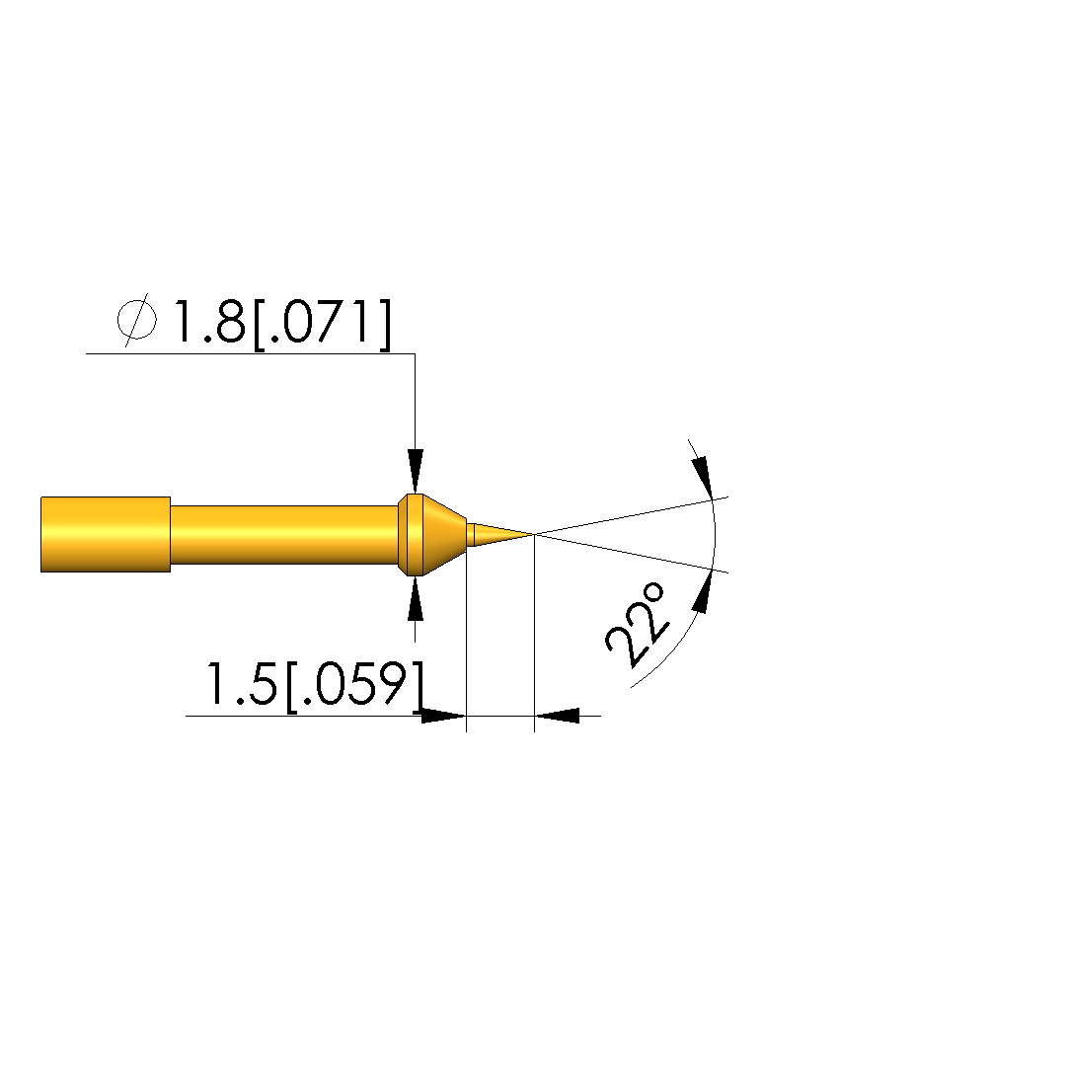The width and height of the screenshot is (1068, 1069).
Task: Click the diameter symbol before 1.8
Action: (137, 320)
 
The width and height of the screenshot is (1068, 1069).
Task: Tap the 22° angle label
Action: (637, 625)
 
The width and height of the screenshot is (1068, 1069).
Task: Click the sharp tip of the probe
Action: (534, 534)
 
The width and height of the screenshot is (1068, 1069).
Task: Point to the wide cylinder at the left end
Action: (106, 535)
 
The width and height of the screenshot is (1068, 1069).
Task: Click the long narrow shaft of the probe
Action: (284, 535)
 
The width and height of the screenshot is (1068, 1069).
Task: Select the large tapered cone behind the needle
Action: (444, 535)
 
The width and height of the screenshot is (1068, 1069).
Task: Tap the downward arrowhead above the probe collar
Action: (416, 471)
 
